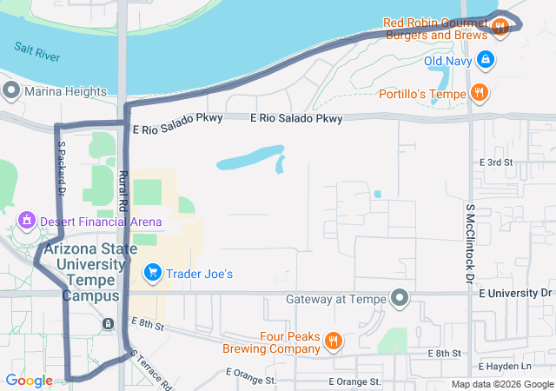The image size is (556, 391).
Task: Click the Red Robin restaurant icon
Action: click(x=500, y=28)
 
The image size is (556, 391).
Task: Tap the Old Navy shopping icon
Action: click(x=486, y=60)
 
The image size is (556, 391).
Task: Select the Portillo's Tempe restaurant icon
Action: click(x=479, y=92)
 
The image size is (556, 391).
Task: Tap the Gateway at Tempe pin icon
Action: click(x=400, y=299)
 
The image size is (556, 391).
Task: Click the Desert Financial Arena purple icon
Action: click(x=27, y=222)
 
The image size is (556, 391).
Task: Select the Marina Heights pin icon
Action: click(x=11, y=90)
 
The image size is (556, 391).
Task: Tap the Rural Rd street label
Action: click(x=122, y=190)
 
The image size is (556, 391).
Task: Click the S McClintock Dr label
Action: click(x=469, y=244)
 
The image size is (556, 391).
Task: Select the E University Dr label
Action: click(x=515, y=293)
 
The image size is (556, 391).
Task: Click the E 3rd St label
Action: click(x=496, y=162)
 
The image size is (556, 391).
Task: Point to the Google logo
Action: click(x=29, y=381)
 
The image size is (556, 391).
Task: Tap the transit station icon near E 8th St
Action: click(x=108, y=323)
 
